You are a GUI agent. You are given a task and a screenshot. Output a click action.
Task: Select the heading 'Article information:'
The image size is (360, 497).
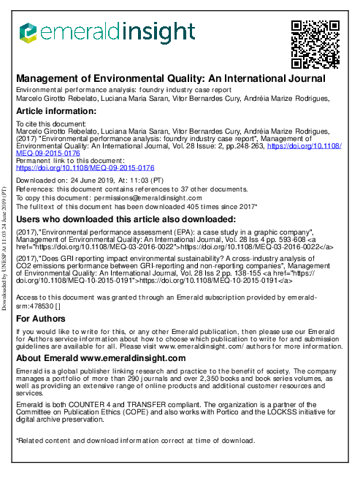(62, 111)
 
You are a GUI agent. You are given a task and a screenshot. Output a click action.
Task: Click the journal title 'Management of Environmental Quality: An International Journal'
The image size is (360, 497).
(171, 77)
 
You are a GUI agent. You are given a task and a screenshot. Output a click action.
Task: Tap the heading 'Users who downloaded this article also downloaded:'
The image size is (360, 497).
(126, 219)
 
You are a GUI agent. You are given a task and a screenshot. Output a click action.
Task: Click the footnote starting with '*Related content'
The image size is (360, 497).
(135, 440)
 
